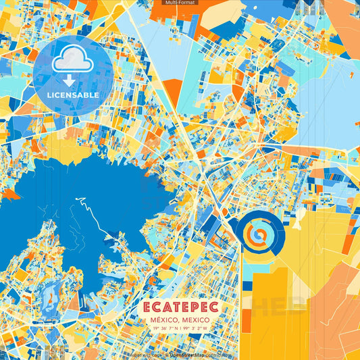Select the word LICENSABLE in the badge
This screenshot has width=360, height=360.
[73, 95]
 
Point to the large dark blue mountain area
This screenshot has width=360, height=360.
[74, 203]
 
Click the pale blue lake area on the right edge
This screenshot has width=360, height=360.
[331, 101]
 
